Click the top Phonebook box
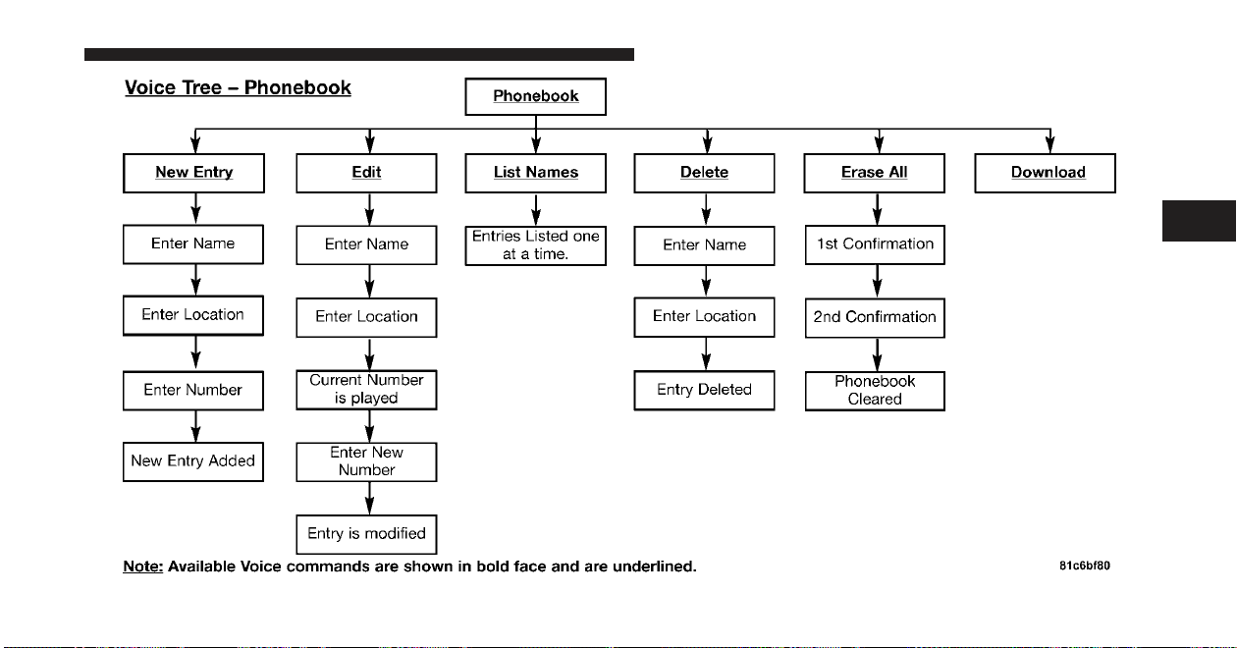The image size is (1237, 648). pos(536,96)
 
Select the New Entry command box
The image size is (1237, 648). pos(193,173)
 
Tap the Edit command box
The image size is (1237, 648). pos(367,173)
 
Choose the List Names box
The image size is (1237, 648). pos(536,173)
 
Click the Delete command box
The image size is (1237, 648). pos(704,173)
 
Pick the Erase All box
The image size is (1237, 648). pos(874,173)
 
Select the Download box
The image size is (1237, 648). pos(1046,173)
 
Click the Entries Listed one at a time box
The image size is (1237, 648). pos(536,245)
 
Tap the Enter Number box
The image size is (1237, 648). pos(193,391)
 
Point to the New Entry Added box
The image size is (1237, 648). pos(193,461)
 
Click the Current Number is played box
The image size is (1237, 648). pos(367,390)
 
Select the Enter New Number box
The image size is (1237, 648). pos(367,461)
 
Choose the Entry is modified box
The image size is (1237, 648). pos(367,534)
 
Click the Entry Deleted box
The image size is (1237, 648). pos(704,390)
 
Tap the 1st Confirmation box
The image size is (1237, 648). pos(875,244)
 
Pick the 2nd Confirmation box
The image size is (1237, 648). pos(875,318)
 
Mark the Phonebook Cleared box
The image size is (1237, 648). pos(875,391)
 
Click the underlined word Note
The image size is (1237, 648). pos(143,567)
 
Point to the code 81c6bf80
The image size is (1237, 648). pos(1085,566)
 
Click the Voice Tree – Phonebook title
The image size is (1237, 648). pos(238,87)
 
